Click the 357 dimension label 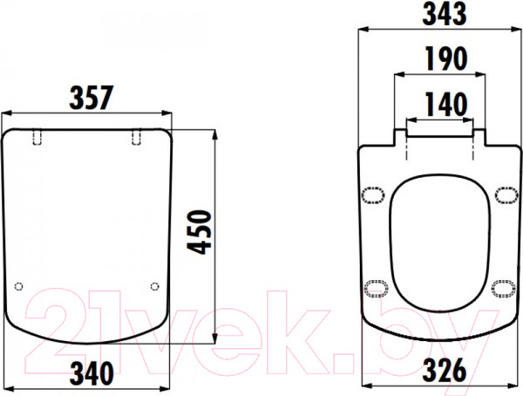(x=92, y=98)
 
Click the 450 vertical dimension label (x=199, y=232)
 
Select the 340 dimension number (x=92, y=373)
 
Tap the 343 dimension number (x=445, y=14)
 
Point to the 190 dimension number (x=446, y=58)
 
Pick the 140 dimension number (x=446, y=104)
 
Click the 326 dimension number (x=445, y=370)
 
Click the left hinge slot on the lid (x=37, y=137)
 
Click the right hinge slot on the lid (x=137, y=137)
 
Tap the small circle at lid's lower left (x=19, y=286)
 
